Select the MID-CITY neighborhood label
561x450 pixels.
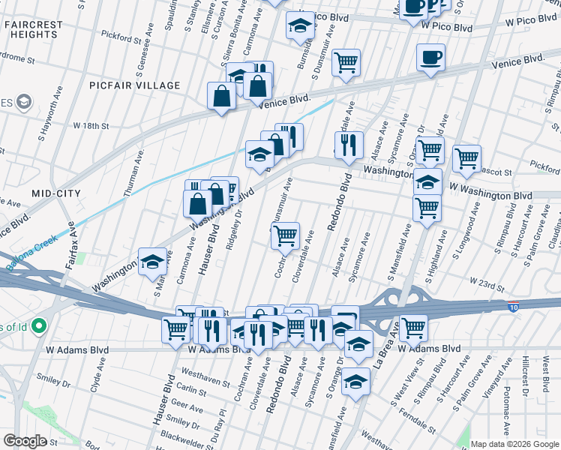[55, 193]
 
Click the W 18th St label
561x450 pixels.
[91, 126]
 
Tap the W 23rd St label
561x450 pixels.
[488, 280]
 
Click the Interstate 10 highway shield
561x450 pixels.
[513, 307]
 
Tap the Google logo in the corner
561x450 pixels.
[25, 440]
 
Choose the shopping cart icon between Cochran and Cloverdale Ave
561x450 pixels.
[285, 235]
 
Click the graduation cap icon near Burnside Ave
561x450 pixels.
[300, 25]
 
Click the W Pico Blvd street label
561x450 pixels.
[446, 27]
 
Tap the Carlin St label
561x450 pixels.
[193, 391]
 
